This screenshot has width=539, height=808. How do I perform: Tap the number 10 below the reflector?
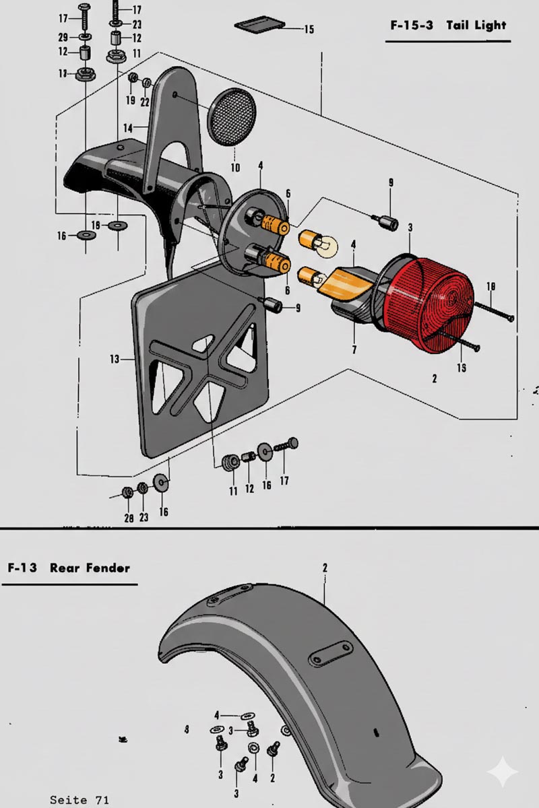point(235,168)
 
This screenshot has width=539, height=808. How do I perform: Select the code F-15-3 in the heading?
point(412,26)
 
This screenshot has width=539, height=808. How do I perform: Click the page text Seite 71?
point(79,799)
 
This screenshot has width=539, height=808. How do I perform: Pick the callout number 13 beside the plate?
point(115,360)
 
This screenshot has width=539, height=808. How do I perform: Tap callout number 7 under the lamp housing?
point(354,349)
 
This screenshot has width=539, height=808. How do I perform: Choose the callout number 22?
point(145,102)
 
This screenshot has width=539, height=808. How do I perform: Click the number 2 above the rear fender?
point(325,568)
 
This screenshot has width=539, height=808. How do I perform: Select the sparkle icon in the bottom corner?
point(503,771)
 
